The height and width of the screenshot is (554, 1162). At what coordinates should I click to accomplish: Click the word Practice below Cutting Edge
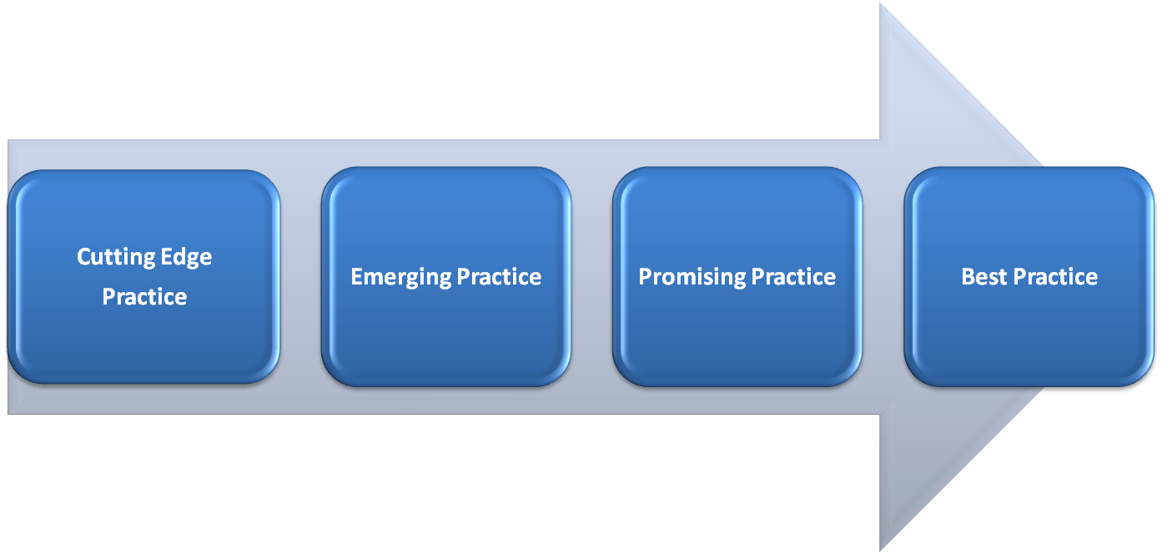click(144, 296)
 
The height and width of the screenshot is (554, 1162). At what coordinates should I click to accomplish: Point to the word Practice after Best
click(1055, 277)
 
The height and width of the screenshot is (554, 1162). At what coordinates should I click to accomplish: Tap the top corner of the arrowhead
click(883, 7)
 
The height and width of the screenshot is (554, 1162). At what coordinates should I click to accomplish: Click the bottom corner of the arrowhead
click(883, 547)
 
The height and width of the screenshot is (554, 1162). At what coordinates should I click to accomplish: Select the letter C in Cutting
click(83, 257)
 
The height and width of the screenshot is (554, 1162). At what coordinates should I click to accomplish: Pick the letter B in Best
click(968, 277)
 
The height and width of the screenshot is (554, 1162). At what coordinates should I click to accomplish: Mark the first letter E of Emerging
click(356, 277)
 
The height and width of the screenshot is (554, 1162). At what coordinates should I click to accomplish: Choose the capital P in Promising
click(645, 277)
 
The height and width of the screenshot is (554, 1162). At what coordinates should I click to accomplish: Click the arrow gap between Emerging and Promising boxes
click(592, 276)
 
